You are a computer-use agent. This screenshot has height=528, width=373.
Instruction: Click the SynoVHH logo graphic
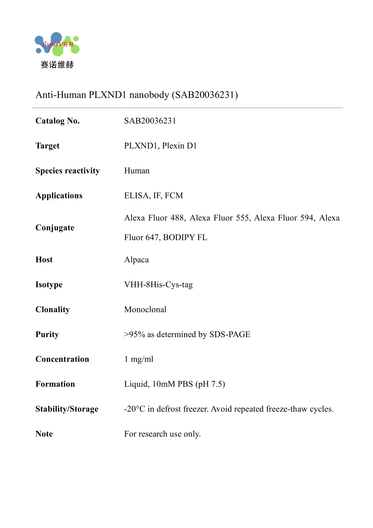click(x=57, y=44)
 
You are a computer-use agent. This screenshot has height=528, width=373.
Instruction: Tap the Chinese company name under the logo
click(x=57, y=65)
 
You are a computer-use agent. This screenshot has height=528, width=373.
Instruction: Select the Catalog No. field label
click(x=58, y=121)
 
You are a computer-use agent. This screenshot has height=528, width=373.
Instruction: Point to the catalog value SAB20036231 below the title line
click(x=150, y=121)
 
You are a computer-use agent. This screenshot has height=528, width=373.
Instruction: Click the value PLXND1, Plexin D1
click(x=160, y=146)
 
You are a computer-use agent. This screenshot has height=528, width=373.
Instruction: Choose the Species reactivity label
click(x=67, y=171)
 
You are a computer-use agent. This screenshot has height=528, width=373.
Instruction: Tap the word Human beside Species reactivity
click(x=137, y=171)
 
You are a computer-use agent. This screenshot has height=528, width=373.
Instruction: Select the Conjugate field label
click(x=55, y=228)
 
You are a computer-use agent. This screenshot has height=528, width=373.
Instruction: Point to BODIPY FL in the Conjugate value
click(x=185, y=237)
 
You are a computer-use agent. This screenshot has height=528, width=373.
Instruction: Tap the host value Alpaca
click(x=136, y=260)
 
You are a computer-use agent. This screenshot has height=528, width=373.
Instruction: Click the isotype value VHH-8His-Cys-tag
click(x=158, y=285)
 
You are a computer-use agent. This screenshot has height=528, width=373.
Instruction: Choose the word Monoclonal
click(x=145, y=309)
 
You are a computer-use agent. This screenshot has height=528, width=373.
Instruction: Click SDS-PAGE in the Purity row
click(x=230, y=334)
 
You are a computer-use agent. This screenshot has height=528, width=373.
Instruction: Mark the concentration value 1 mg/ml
click(x=139, y=359)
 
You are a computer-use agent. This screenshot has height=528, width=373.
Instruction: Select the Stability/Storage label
click(x=67, y=409)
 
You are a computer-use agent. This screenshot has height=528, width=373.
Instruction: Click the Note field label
click(x=44, y=434)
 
